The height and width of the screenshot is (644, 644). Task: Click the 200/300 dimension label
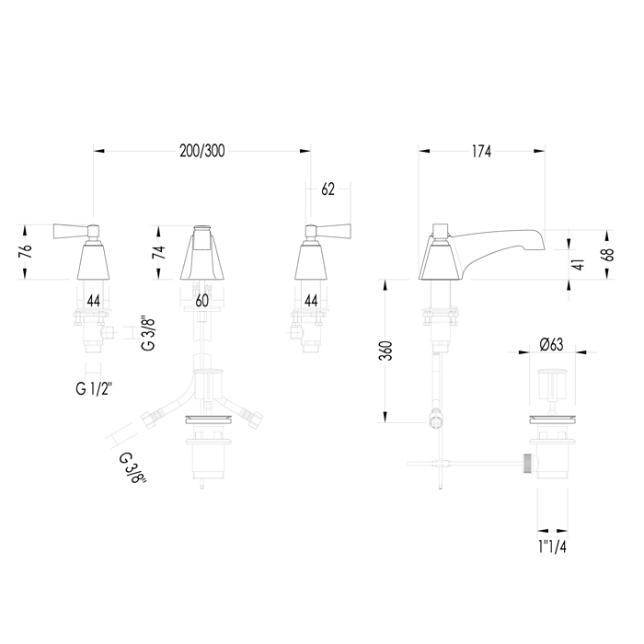pos(202,151)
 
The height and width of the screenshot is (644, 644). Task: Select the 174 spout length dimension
pos(481,152)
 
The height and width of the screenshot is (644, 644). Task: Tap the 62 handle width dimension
pos(328,190)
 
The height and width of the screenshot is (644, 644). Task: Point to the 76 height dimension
pos(26,252)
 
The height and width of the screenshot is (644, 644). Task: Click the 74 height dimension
pos(159,251)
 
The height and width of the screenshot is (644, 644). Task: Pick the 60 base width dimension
pos(201,301)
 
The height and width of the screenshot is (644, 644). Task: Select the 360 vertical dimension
pos(385,351)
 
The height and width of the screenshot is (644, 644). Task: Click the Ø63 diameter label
pos(552,345)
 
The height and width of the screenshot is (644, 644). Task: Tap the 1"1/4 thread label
pos(552,546)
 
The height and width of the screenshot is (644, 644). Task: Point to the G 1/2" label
pos(94,388)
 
